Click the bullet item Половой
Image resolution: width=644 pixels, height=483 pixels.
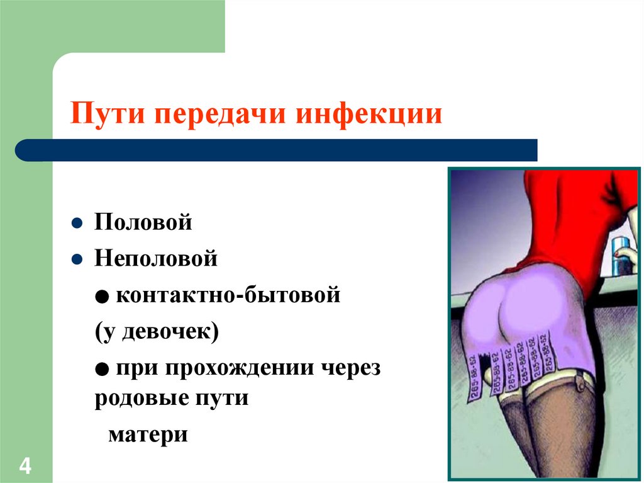143,223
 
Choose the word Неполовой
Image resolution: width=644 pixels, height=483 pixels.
156,259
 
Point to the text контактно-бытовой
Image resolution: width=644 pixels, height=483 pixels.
227,295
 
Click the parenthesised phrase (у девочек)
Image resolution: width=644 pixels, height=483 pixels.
157,331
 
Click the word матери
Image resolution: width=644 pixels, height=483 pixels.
148,435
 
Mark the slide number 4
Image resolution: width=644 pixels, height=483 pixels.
26,467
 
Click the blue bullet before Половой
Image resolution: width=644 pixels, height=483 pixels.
76,224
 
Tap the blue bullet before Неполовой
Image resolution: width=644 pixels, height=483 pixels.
76,259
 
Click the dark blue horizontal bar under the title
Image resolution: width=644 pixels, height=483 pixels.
277,150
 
